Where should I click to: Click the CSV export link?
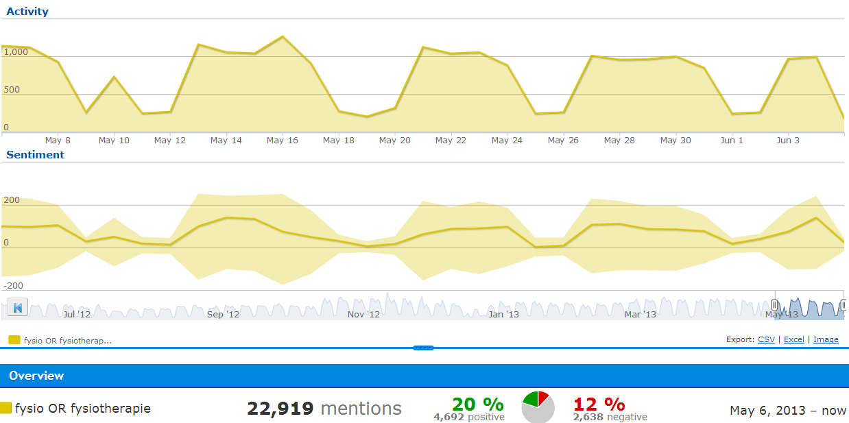(766, 339)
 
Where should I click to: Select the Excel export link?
(794, 339)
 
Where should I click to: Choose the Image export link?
(826, 339)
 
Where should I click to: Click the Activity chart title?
(27, 12)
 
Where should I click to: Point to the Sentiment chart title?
(35, 155)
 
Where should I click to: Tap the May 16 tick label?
(283, 141)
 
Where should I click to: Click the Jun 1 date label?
(732, 141)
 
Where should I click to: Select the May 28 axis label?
(619, 141)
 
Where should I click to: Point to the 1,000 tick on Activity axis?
(15, 51)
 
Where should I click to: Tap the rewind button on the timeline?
(18, 308)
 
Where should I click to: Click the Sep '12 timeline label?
(224, 315)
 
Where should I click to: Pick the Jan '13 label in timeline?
(503, 315)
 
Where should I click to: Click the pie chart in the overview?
(538, 408)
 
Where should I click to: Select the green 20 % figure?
(477, 404)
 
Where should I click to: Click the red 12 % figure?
(599, 404)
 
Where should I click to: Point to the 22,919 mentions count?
(324, 409)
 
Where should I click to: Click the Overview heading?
(36, 376)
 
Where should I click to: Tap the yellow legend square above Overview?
(14, 339)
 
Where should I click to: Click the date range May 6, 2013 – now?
(788, 411)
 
